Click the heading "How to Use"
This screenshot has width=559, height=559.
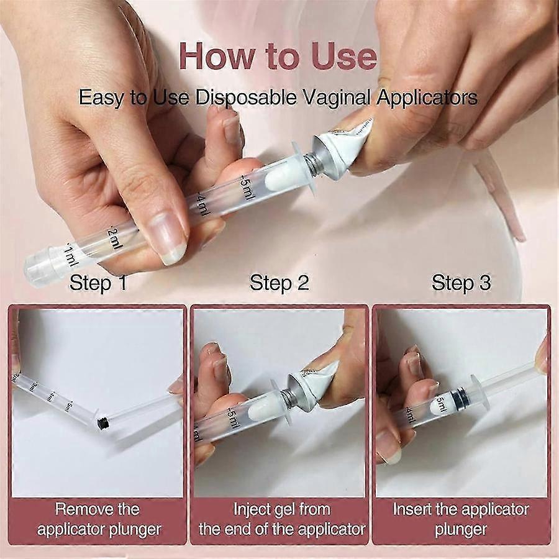pyautogui.click(x=278, y=57)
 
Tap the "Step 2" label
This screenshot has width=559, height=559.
pyautogui.click(x=279, y=283)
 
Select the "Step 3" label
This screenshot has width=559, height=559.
pyautogui.click(x=461, y=283)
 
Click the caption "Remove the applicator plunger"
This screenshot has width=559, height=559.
pyautogui.click(x=99, y=519)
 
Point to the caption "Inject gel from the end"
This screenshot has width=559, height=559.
pyautogui.click(x=281, y=519)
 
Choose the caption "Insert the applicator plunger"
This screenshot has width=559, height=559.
pyautogui.click(x=461, y=519)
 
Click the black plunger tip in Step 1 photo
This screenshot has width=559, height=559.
pyautogui.click(x=103, y=423)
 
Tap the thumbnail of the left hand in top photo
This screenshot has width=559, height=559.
pyautogui.click(x=167, y=236)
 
